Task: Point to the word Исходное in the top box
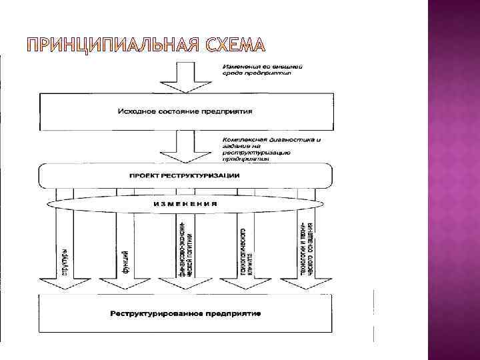tap(135, 111)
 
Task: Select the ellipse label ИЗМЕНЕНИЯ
tap(187, 203)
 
